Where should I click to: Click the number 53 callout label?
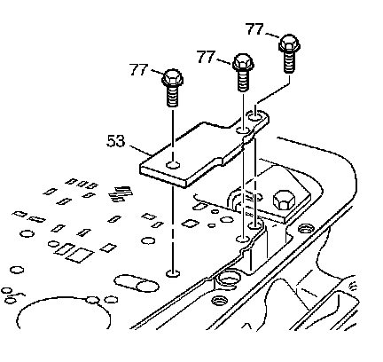click(115, 141)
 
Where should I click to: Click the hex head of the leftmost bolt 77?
click(173, 77)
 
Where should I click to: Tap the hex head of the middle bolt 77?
click(243, 62)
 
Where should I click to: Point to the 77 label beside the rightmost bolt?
click(254, 29)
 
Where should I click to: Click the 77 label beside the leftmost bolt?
click(138, 69)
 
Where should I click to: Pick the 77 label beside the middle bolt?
click(206, 56)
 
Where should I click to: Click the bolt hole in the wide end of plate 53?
click(173, 164)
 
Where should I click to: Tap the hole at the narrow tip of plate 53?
click(255, 116)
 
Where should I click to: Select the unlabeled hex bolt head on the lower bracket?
click(284, 200)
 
